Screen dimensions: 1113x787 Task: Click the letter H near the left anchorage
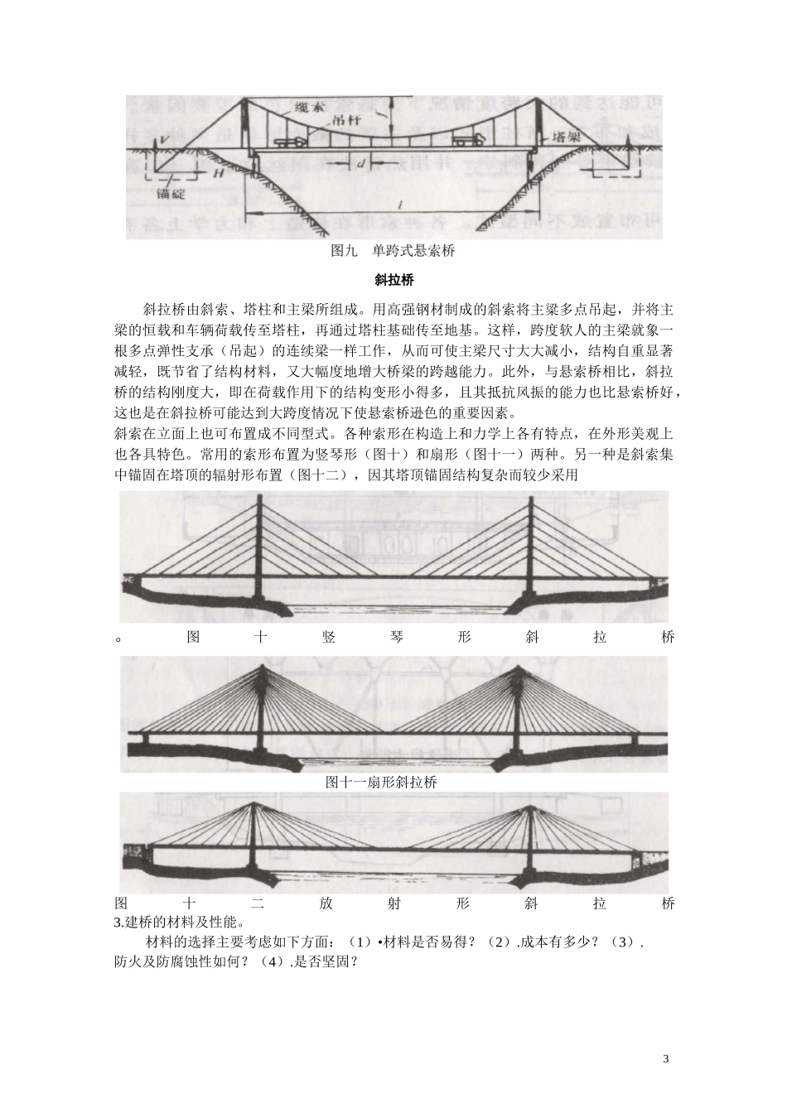tap(218, 174)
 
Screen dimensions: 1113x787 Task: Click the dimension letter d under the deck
tap(361, 163)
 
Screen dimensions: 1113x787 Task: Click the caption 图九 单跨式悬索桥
tap(393, 249)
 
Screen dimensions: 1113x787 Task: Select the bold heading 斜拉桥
tap(393, 280)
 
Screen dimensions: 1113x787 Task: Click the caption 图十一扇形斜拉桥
tap(381, 782)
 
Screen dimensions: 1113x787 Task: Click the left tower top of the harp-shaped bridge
tap(260, 499)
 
